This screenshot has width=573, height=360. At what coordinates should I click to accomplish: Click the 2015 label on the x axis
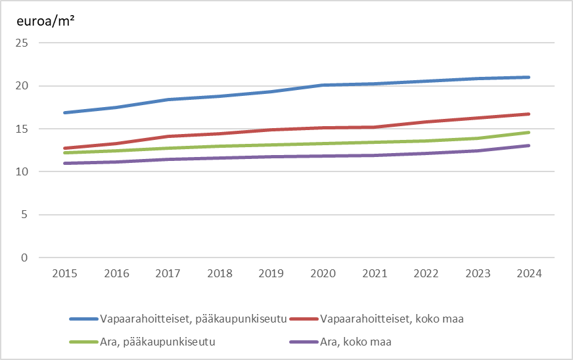coord(64,274)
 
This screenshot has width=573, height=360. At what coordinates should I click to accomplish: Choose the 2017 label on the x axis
coord(168,274)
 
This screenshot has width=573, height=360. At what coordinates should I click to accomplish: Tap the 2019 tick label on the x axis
coord(271,274)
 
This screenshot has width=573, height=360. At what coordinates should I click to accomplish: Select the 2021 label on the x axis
coord(374,274)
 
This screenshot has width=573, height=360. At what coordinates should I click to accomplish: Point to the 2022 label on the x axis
coord(426,274)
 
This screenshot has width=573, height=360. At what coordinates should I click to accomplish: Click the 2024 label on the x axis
coord(529,274)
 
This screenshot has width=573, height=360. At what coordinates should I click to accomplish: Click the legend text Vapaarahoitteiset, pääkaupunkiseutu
coord(193,320)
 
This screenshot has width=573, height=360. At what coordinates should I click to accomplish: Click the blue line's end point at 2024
coord(529,77)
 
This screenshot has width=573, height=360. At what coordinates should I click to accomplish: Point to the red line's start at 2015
coord(64,148)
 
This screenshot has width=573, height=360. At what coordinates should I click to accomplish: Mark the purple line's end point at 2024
coord(529,146)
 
